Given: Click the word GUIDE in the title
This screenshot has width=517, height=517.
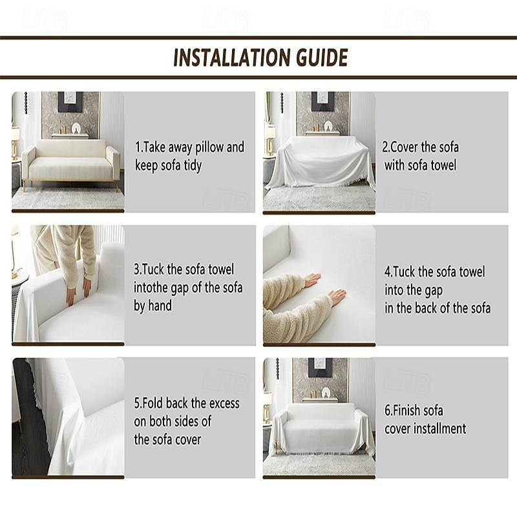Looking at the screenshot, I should click(x=321, y=58).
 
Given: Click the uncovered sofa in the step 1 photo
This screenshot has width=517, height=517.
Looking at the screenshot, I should click(x=70, y=162).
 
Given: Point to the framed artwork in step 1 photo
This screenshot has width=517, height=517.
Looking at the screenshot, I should click(x=70, y=102).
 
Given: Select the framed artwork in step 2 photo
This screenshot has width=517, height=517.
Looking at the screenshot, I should click(x=322, y=101).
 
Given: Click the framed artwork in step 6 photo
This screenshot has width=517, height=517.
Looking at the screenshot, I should click(x=320, y=368).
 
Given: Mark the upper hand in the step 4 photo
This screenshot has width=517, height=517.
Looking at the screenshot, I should click(x=313, y=280).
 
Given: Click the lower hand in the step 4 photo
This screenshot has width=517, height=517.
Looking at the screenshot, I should click(x=337, y=297).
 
